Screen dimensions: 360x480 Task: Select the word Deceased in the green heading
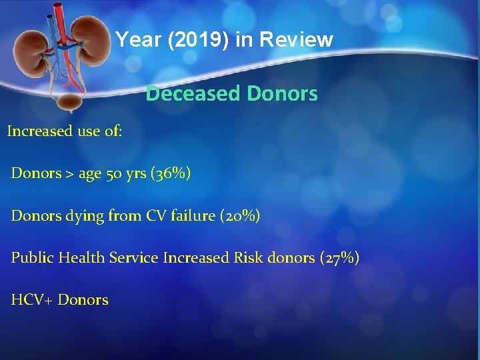tap(193, 94)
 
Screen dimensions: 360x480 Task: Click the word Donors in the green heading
tap(282, 94)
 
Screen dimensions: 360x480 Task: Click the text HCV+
tap(31, 300)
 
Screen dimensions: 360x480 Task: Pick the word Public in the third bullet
tap(32, 258)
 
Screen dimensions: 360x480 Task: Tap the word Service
tap(136, 257)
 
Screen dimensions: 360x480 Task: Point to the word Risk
tap(248, 257)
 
